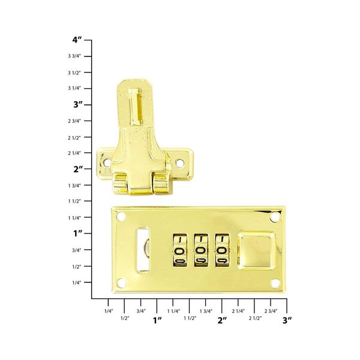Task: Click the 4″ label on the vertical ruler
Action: [x=76, y=40]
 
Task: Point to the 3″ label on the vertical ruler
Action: [x=76, y=104]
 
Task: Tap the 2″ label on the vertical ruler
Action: [x=76, y=169]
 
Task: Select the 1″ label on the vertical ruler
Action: [x=76, y=233]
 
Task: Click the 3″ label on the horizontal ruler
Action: [x=287, y=320]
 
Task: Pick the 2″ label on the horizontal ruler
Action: [x=222, y=320]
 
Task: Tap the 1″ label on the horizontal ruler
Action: [x=157, y=320]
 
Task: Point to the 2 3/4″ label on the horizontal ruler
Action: [x=271, y=311]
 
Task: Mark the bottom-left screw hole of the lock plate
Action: [x=122, y=286]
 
